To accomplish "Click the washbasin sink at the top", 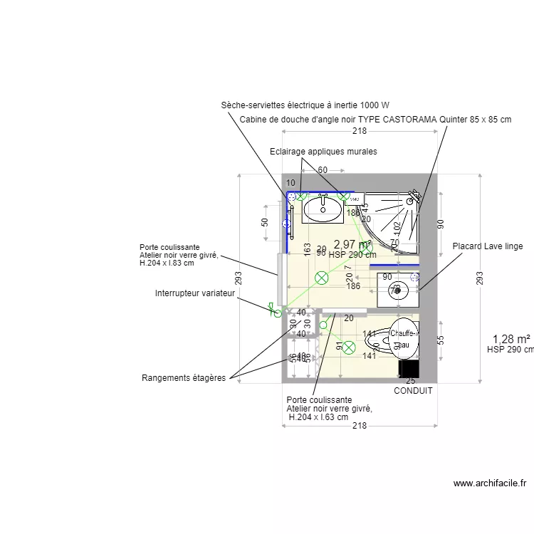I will tap(323, 207).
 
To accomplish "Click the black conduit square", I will tap(409, 368).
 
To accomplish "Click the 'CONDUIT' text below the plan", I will tap(413, 390).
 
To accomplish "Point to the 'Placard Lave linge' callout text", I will tap(488, 246).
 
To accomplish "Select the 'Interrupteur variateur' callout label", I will tap(195, 293).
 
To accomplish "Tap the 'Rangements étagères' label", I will tap(184, 378).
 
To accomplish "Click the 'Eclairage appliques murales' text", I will tap(323, 152).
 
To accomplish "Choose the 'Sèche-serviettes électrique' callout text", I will tap(305, 105).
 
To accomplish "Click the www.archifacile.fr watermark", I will tap(490, 483).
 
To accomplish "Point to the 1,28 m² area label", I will tap(511, 339).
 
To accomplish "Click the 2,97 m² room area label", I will tap(352, 244).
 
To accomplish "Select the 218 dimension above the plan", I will tap(360, 131).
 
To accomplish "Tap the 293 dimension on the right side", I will tap(479, 276).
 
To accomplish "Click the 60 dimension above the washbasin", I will tap(322, 169).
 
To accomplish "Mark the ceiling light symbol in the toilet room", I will tap(349, 347).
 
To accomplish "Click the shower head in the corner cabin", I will tap(411, 201).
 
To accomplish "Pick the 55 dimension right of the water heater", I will tap(440, 340).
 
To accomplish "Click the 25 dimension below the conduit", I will tap(410, 382).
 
